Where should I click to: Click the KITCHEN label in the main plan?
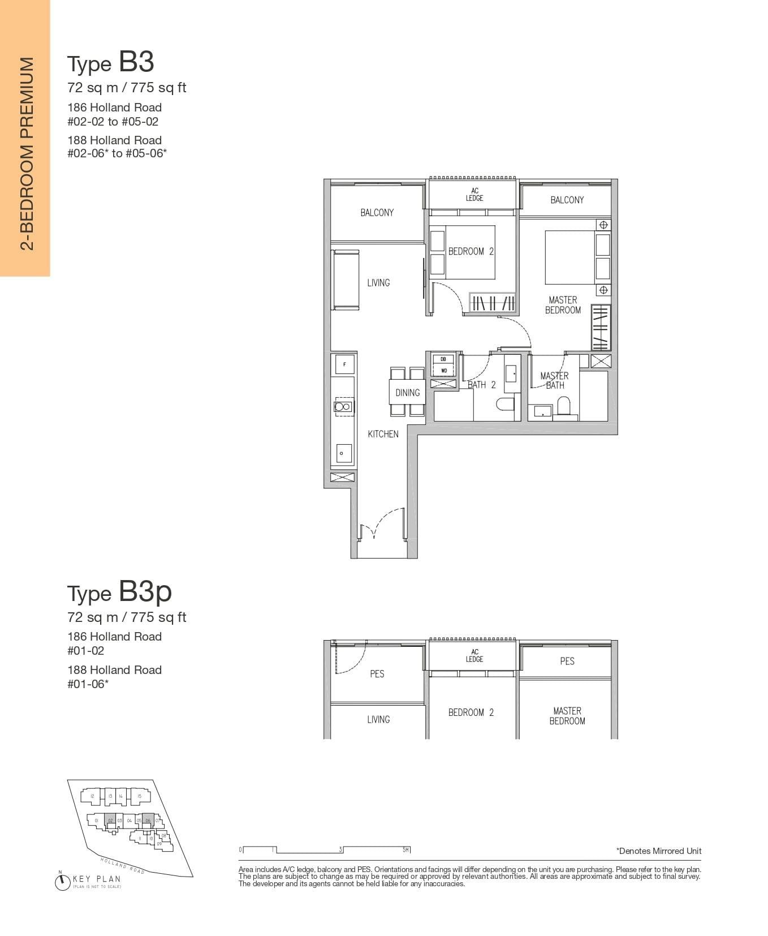pos(383,434)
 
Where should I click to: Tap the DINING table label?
pos(407,392)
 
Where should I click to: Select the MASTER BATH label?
pos(554,380)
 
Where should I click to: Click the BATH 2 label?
pos(482,385)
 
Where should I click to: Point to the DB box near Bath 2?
pos(443,359)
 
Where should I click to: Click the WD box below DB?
pos(443,371)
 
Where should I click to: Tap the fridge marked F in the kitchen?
pos(344,364)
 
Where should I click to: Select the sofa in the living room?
pos(346,280)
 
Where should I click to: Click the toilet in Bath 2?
pos(504,403)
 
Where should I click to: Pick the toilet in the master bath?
pos(564,406)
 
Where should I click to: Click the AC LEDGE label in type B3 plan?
pos(474,195)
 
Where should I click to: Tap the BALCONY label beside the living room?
pos(377,213)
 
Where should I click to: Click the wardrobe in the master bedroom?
pos(601,327)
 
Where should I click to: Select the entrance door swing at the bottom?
pos(382,526)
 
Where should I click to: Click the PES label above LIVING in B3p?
pos(377,674)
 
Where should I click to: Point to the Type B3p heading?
pos(119,592)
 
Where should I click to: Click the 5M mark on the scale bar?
pos(406,850)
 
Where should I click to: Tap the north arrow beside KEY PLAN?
pos(62,882)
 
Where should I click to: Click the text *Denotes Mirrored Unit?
pos(658,851)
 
